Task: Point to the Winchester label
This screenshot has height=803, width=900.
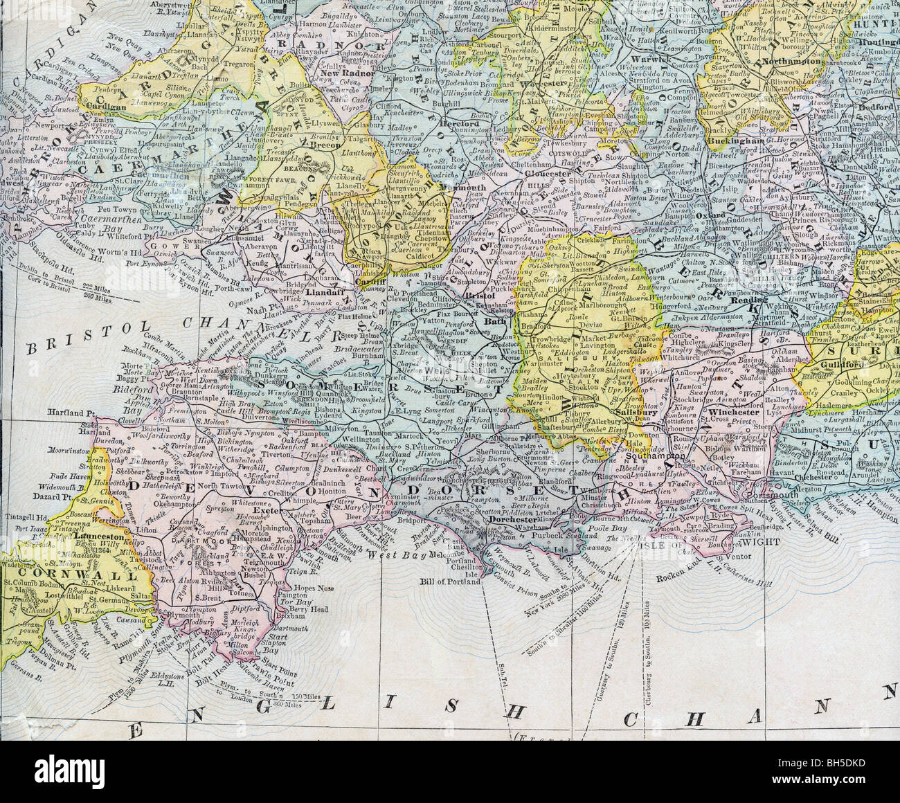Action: pyautogui.click(x=722, y=411)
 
